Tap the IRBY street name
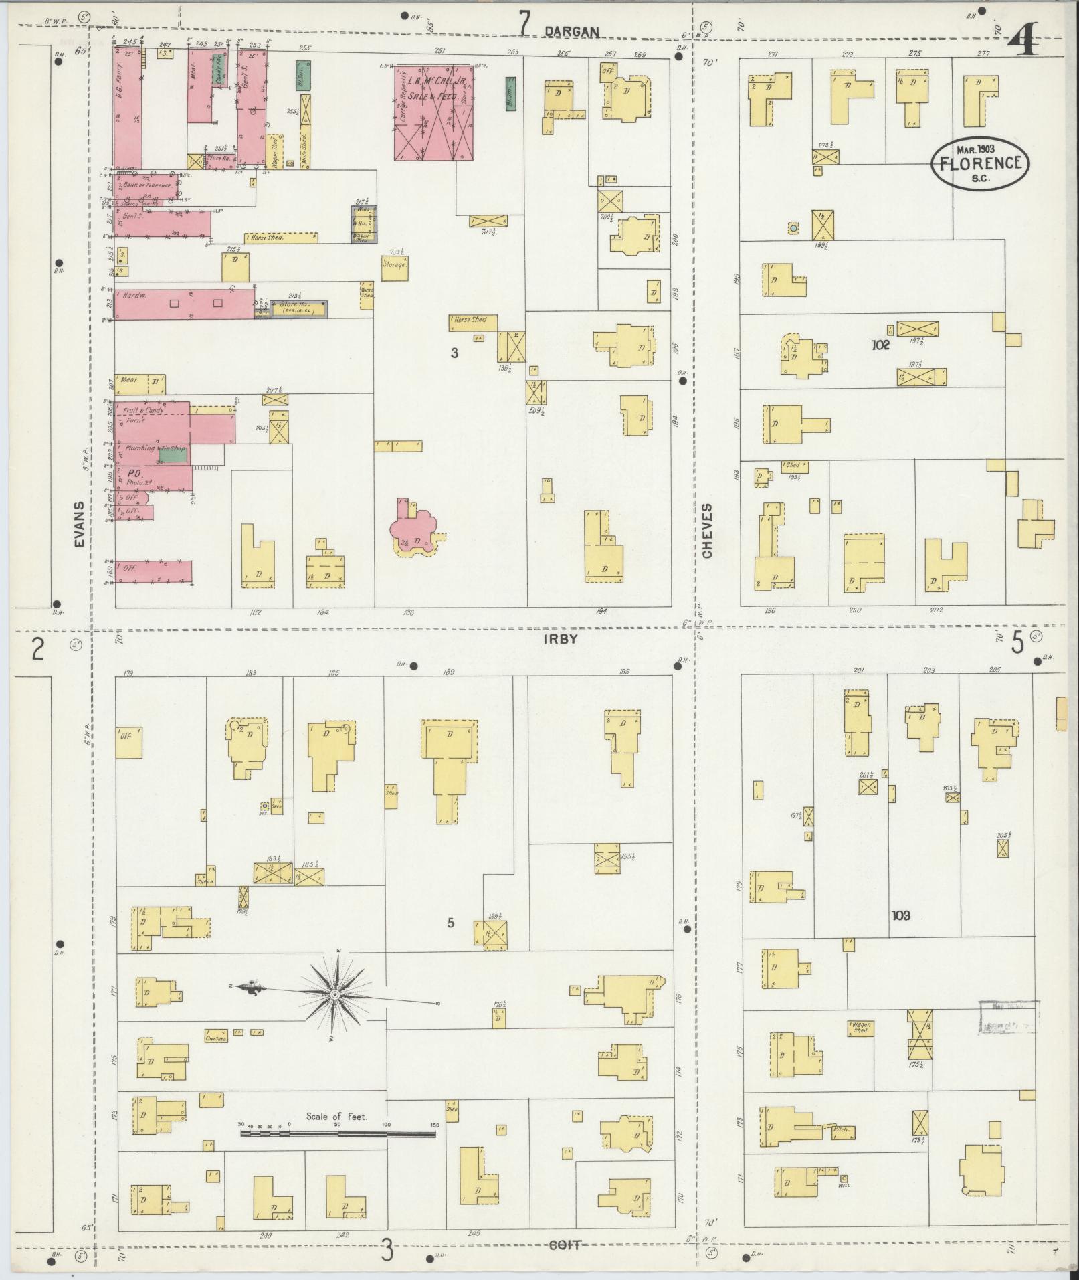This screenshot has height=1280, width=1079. click(x=560, y=639)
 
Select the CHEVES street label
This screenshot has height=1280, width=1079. click(x=708, y=530)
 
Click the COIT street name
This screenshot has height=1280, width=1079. click(x=564, y=1245)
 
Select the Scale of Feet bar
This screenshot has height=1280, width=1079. click(x=338, y=1133)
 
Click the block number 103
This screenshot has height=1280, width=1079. click(x=900, y=915)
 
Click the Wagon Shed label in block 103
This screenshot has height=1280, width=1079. click(x=860, y=1027)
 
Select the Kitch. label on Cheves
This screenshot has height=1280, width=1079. click(x=841, y=1129)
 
